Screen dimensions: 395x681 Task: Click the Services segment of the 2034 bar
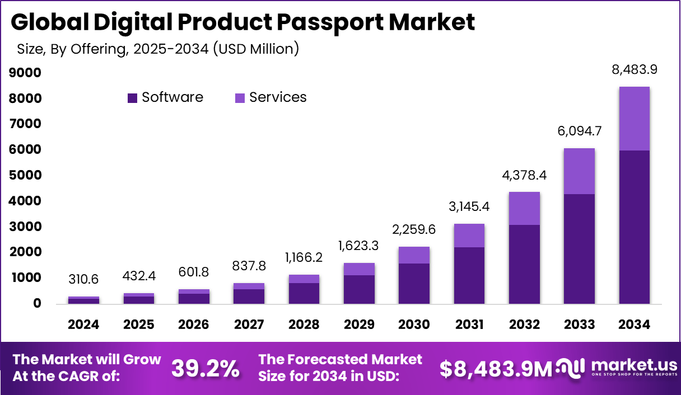[635, 119]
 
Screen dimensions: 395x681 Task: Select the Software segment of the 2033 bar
[580, 249]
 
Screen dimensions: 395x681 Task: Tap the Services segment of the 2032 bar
[525, 209]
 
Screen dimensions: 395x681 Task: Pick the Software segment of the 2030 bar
[414, 284]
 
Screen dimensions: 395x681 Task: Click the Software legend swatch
[132, 98]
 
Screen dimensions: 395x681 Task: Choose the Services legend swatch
[240, 98]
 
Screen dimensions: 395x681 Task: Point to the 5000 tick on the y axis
[26, 175]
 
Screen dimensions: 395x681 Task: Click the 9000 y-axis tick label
[26, 73]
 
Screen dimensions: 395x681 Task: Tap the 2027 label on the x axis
[249, 325]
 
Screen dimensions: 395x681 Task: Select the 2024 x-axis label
[84, 325]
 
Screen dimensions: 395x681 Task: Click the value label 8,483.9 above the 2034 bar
[635, 70]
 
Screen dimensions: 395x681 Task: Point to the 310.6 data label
[84, 279]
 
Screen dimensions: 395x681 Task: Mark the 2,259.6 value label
[414, 229]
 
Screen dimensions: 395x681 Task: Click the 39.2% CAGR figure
[206, 368]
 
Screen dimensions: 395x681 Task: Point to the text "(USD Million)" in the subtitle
[255, 49]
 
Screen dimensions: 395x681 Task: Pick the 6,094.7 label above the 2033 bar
[580, 131]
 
